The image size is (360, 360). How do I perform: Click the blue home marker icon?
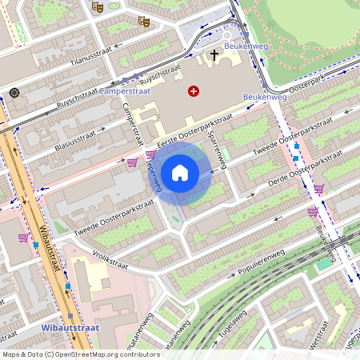[180, 172]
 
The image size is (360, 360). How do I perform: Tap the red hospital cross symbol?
[193, 91]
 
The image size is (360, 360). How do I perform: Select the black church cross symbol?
[214, 55]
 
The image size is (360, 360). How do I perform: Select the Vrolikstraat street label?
[110, 261]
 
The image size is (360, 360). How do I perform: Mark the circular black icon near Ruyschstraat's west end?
[14, 93]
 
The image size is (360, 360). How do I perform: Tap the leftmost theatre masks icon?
[98, 6]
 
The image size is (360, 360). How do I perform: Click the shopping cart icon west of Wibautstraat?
[23, 238]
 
